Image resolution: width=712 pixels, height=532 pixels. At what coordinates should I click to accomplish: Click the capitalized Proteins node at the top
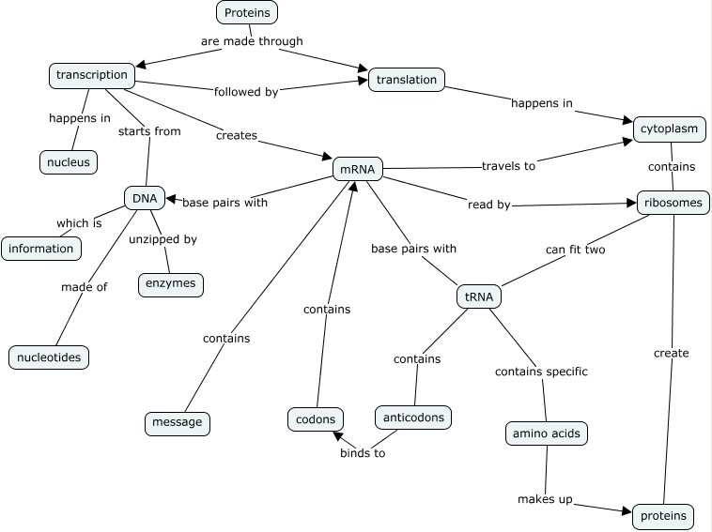coord(247,12)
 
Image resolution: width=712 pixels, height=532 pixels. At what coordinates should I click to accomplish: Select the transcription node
coord(91,75)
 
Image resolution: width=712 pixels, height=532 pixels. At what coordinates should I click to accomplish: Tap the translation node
coord(406,80)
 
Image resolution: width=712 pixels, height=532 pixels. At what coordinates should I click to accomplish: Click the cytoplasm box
coord(670,129)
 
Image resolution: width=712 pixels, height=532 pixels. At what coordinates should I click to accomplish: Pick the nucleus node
coord(69,162)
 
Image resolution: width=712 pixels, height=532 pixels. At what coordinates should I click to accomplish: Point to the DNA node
coord(144,198)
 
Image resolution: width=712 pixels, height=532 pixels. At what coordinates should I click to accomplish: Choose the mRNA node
coord(358,169)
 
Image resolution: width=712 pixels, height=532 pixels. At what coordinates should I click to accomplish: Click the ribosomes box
coord(673,202)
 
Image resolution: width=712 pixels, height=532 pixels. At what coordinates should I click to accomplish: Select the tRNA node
coord(478,297)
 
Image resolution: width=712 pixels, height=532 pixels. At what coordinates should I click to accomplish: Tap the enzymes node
coord(170,283)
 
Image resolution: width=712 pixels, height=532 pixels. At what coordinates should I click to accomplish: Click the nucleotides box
coord(49,357)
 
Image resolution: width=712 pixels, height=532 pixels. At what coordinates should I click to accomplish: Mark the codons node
coord(315,418)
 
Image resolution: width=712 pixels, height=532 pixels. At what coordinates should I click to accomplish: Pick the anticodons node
coord(413,417)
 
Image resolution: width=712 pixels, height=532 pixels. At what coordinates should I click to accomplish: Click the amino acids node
coord(547,433)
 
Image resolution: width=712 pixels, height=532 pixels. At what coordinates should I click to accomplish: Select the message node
coord(178,422)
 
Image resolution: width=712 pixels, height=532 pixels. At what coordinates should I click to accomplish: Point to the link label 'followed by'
coord(245,91)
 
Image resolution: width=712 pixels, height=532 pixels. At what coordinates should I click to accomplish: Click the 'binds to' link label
coord(363,453)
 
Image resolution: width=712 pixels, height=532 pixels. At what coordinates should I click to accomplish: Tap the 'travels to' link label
coord(508,166)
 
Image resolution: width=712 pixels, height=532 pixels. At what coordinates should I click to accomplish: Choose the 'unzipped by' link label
coord(163,239)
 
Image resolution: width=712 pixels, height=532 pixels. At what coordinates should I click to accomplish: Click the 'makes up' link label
coord(545,499)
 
